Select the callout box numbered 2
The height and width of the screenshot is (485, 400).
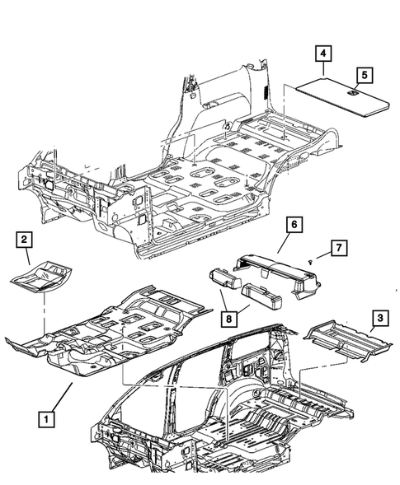(26, 240)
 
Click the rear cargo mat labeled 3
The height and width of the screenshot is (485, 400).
(341, 338)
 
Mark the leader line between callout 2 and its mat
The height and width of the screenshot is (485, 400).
(31, 254)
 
